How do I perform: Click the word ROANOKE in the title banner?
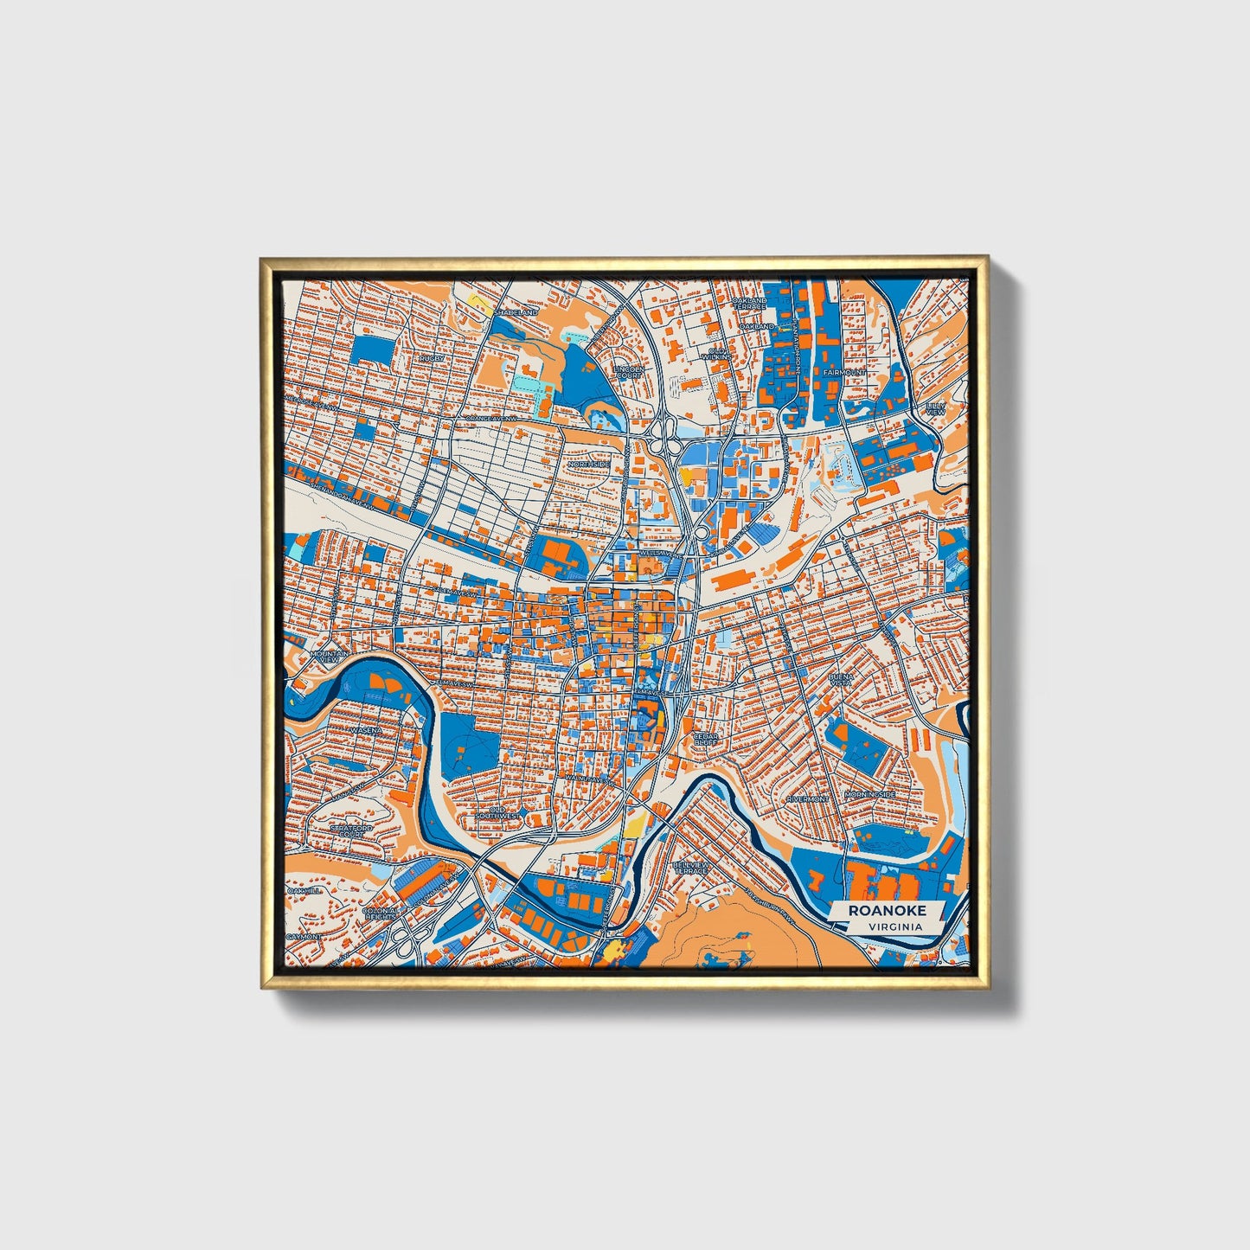coord(887,910)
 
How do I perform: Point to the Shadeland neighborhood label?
coord(516,311)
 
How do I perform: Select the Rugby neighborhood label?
coord(432,357)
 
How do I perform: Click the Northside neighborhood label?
coord(588,465)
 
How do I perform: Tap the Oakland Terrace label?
coord(749,304)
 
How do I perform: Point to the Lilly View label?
coord(935,408)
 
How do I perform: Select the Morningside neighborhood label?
coord(869,794)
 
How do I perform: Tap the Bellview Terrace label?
coord(691,867)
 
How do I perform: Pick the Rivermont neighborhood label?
coord(807,798)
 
